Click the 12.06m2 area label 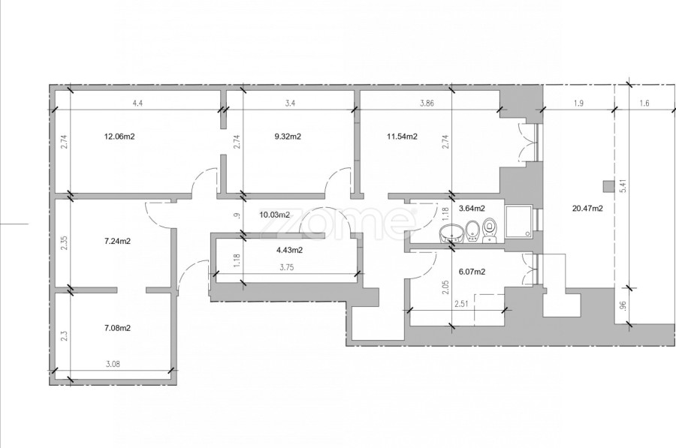(x=119, y=137)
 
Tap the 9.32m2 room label (x=288, y=137)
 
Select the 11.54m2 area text (x=402, y=137)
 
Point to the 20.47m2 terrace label (x=587, y=209)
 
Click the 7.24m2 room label (x=117, y=241)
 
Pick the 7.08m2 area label (x=117, y=328)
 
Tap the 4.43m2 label (x=289, y=251)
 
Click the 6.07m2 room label (x=472, y=272)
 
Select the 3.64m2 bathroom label (x=472, y=209)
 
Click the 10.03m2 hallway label (x=274, y=215)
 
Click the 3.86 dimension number (x=427, y=104)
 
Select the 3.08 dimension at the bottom (x=113, y=365)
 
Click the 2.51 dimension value (x=462, y=305)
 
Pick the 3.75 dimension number (x=287, y=267)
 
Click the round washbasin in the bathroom (x=451, y=234)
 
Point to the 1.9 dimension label (x=578, y=104)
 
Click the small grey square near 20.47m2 (x=608, y=187)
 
